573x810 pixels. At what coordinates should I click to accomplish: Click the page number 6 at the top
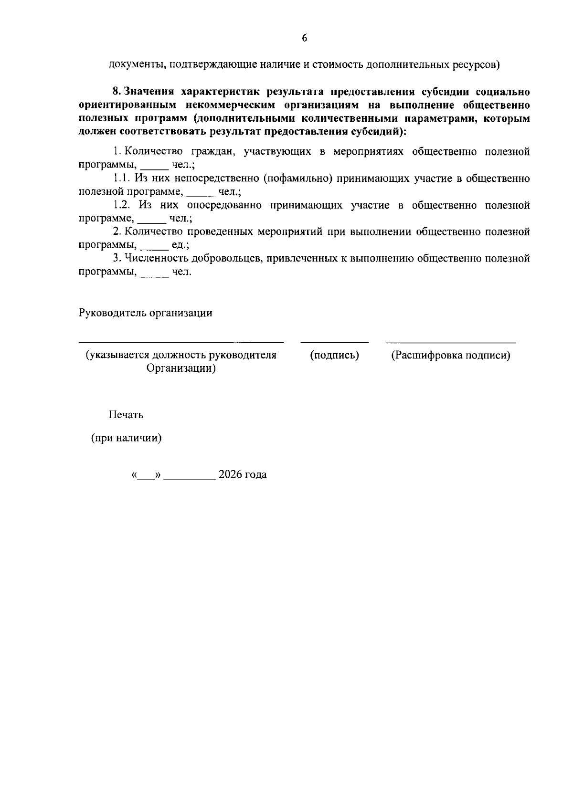point(304,39)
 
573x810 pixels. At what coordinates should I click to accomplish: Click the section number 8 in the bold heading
point(115,91)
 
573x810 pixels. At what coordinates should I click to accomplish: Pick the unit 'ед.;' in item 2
point(180,245)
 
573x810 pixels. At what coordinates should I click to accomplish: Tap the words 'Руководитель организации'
point(145,313)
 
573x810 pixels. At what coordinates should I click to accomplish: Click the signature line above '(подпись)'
point(334,342)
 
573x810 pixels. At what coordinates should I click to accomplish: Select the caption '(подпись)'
point(334,356)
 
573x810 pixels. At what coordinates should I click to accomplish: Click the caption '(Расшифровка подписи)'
point(450,356)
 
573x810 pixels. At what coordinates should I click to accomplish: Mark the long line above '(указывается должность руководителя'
point(181,342)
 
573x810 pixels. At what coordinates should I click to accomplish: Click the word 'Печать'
point(126,415)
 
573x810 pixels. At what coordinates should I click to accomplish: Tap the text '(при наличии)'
point(126,438)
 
